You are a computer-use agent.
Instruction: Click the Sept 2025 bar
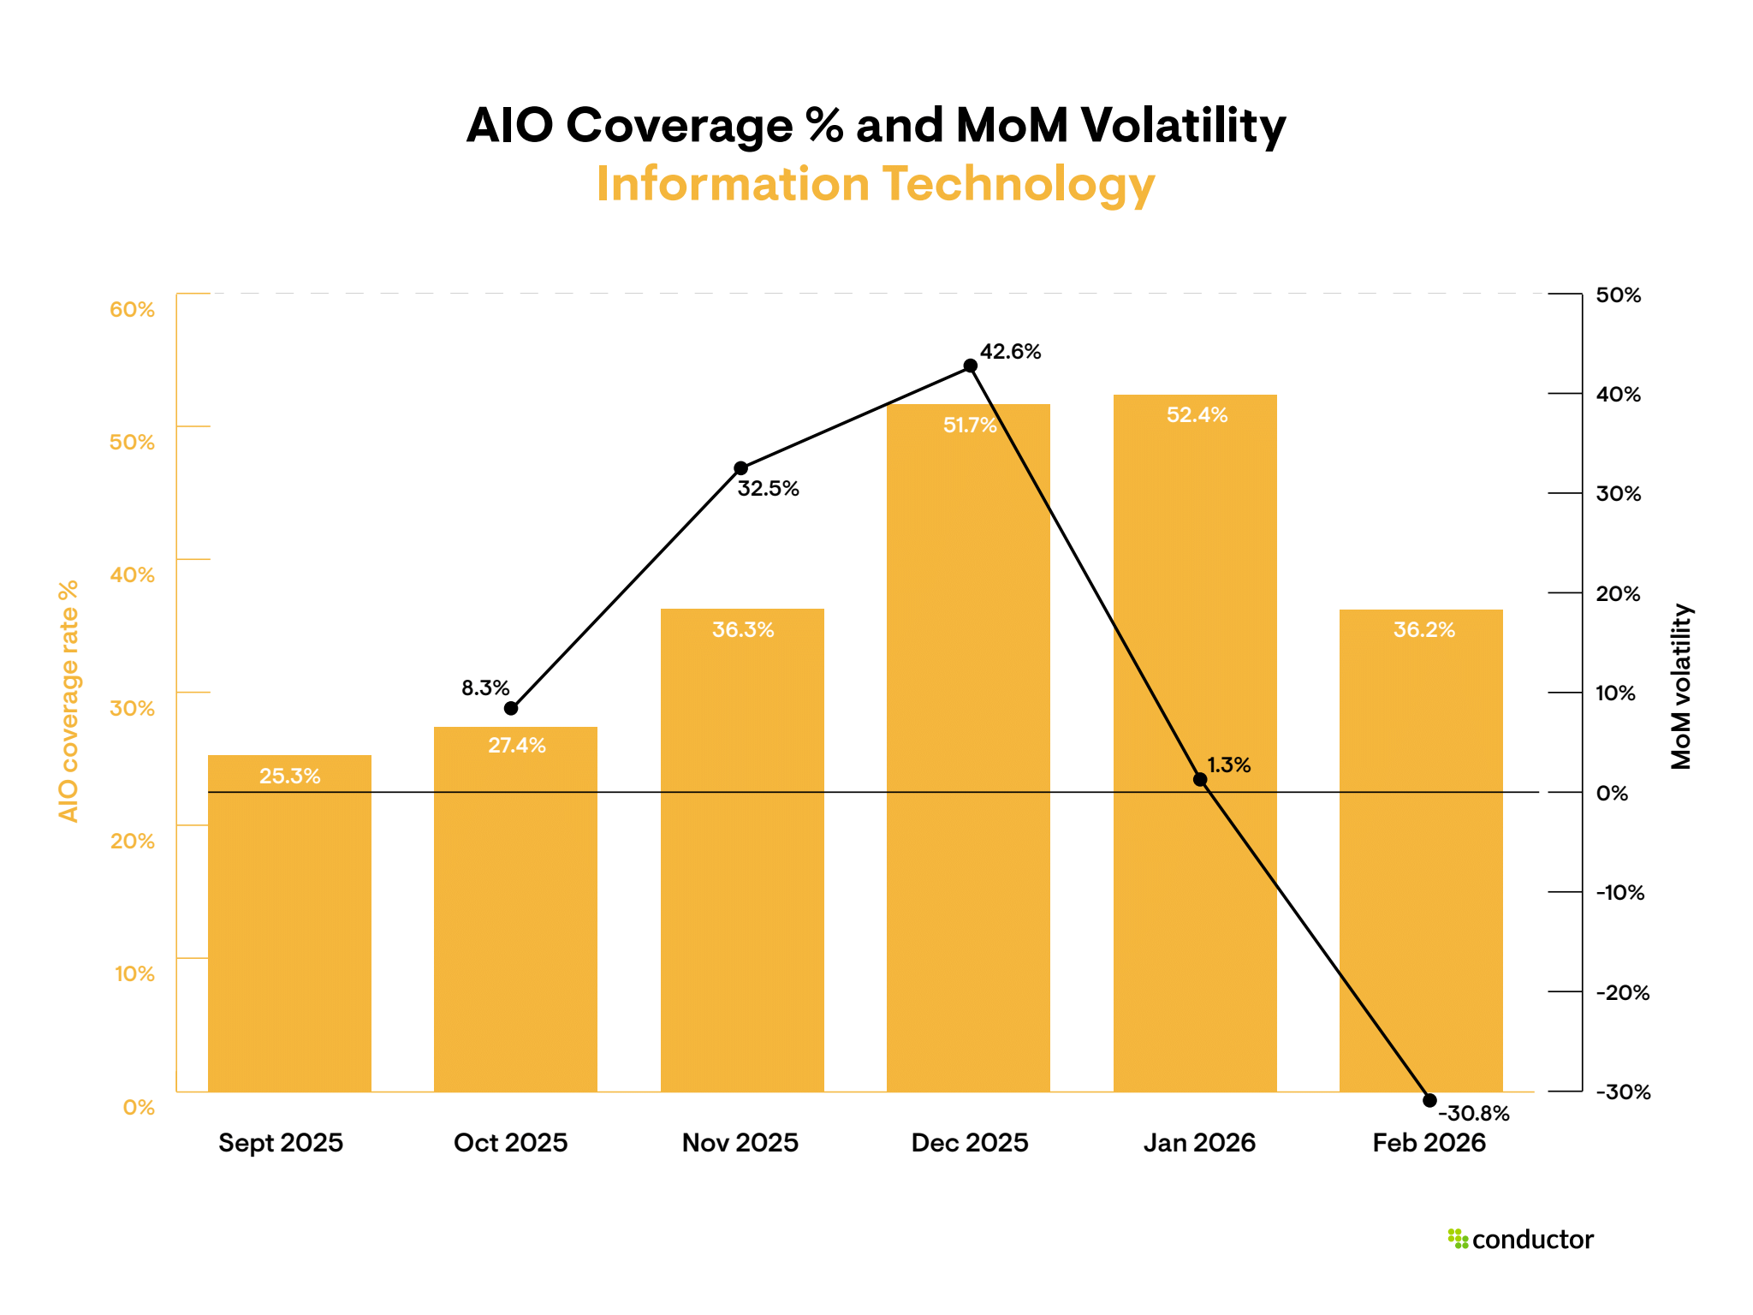[x=289, y=925]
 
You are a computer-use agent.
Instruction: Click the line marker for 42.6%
[x=971, y=366]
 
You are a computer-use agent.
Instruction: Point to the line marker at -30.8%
[x=1429, y=1100]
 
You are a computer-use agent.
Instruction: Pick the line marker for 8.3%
[x=511, y=708]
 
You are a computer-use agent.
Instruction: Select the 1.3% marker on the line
[x=1200, y=779]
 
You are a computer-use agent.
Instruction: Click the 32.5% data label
[x=768, y=489]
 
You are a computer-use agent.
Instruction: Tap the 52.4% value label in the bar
[x=1197, y=415]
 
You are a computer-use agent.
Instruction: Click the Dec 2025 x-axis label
[x=970, y=1143]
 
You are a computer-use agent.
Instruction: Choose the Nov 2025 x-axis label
[x=740, y=1143]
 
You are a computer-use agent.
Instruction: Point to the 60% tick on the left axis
[x=132, y=310]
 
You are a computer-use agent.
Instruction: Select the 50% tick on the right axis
[x=1619, y=295]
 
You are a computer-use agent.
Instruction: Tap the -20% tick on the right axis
[x=1622, y=993]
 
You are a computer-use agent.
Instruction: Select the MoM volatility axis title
[x=1682, y=687]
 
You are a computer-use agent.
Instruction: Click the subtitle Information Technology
[x=876, y=184]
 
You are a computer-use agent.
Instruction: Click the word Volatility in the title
[x=1183, y=126]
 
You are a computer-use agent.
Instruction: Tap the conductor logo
[x=1521, y=1240]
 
